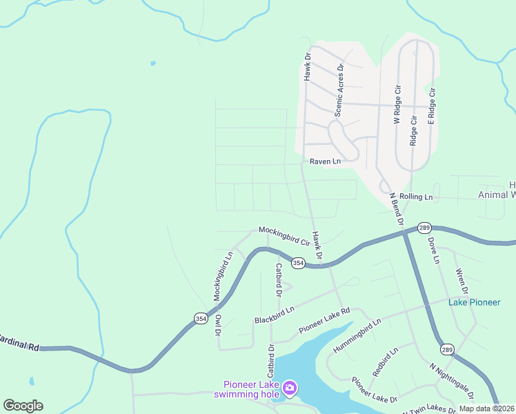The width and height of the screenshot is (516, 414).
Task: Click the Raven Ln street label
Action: pos(325,161)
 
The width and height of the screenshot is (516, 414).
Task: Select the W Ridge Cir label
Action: pos(397,105)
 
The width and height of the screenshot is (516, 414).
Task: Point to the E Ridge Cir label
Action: pos(432,105)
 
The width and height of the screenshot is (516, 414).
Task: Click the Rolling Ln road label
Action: pos(415,197)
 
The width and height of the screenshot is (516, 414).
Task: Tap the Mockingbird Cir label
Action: pos(284,235)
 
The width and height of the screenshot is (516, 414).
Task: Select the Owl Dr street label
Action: pos(218,325)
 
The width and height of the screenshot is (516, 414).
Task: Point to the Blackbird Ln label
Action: pos(274,315)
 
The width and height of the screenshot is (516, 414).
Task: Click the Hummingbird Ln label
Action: pos(357,336)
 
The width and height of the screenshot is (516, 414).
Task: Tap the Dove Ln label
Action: pos(433,250)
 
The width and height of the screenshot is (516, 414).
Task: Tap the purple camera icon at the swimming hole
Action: pos(290,389)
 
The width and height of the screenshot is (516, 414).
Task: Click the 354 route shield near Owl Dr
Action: pos(200,318)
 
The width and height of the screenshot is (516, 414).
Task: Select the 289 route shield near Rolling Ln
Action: pos(424,228)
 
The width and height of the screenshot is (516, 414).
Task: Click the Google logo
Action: pos(23,406)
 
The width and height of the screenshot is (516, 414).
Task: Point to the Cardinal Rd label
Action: pos(19,343)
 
